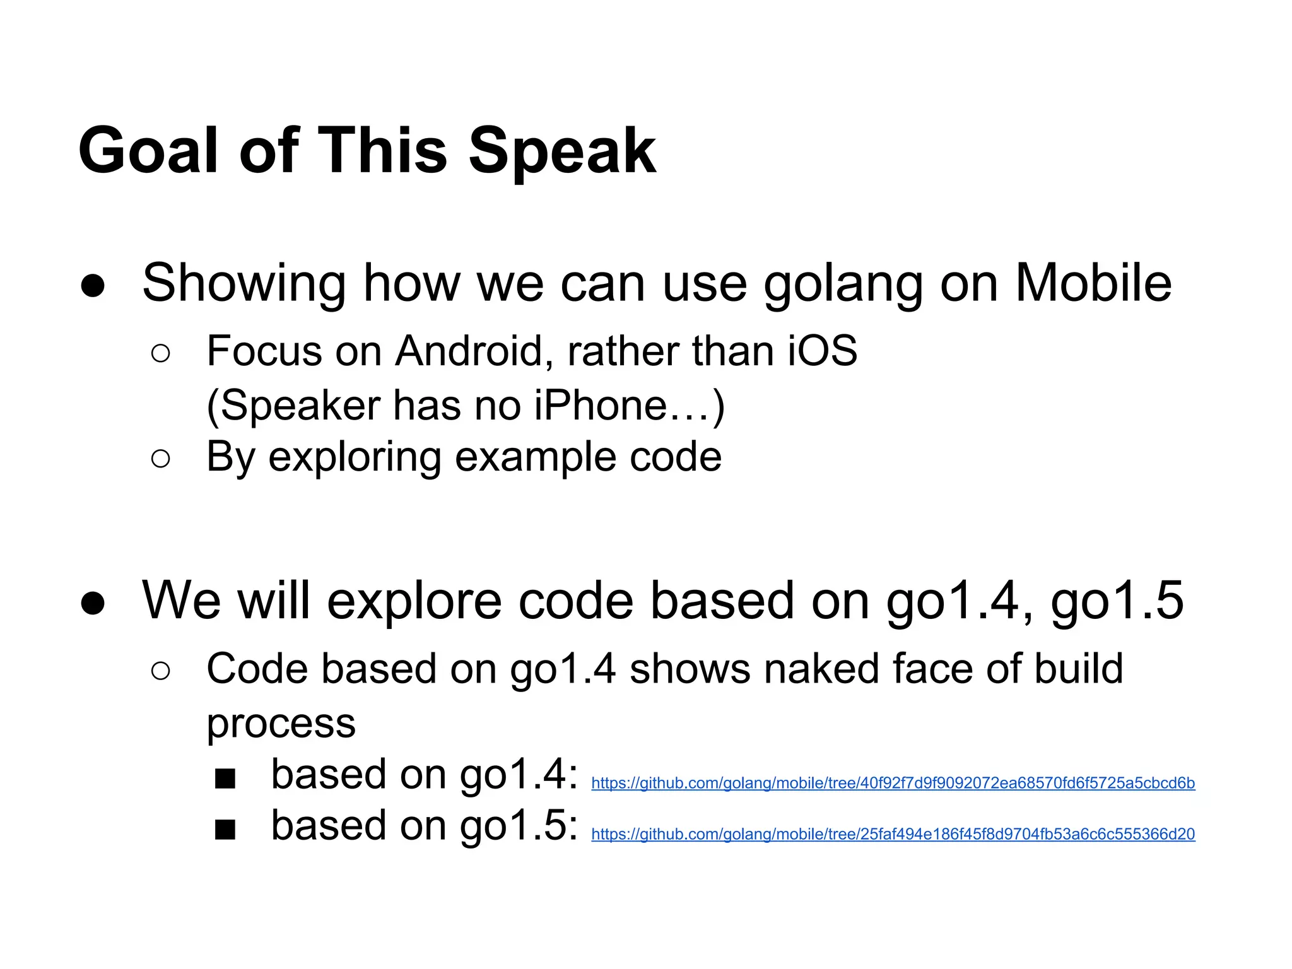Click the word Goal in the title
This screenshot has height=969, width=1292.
148,151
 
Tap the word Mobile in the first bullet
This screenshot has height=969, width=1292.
1093,283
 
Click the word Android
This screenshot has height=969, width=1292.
469,351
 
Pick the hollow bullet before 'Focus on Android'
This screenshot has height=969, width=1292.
161,354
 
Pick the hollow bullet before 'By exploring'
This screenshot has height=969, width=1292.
161,459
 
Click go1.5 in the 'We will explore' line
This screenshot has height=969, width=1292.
1117,601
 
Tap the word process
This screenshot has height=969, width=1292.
281,724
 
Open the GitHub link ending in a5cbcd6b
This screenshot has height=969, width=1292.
893,784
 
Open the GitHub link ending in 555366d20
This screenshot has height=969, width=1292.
893,835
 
